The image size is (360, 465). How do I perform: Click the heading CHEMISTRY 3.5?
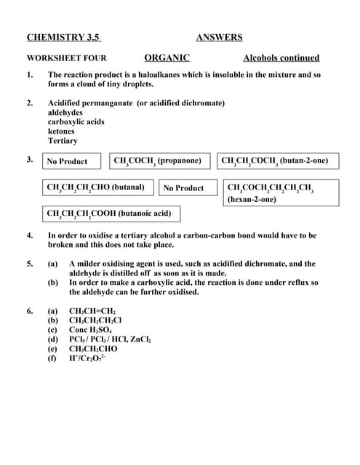tap(63, 38)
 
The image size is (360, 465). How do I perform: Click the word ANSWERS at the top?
tap(219, 38)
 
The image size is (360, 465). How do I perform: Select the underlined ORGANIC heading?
tap(167, 58)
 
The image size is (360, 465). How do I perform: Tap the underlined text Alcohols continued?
tap(281, 58)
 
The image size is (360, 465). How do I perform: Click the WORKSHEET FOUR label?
tap(66, 58)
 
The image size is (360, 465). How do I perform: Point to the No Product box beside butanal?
tap(183, 188)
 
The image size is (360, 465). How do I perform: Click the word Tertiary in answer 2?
tap(63, 141)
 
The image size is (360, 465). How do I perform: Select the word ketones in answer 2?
tap(61, 132)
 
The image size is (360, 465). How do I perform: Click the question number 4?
tap(30, 235)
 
